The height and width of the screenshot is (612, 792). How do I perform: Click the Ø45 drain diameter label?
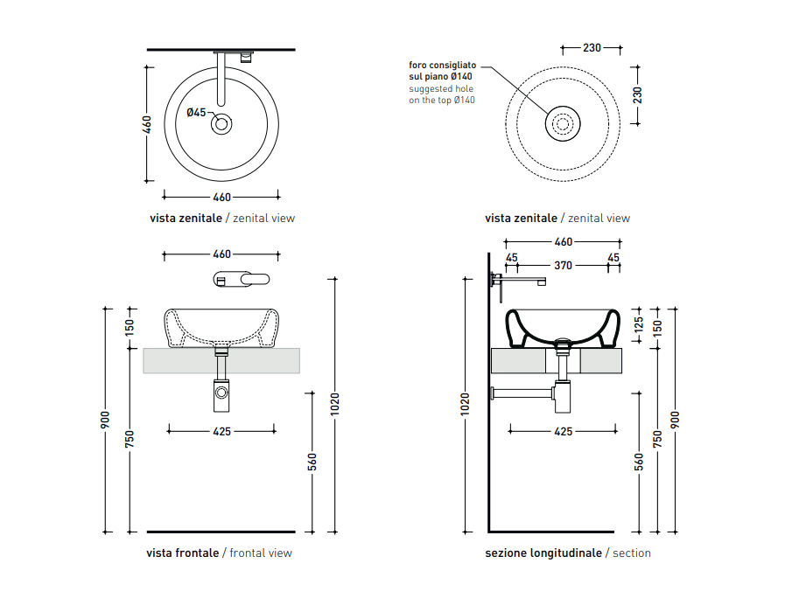point(196,113)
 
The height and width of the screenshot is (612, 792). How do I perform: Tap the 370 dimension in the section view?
point(563,266)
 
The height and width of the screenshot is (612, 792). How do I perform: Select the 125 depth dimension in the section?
point(639,324)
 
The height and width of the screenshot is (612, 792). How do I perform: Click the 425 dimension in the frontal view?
point(221,431)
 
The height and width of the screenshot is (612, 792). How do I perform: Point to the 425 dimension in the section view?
point(564,431)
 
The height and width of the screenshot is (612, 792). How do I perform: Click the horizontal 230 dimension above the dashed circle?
point(592,48)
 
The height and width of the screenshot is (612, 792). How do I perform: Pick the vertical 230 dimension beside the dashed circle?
point(637,95)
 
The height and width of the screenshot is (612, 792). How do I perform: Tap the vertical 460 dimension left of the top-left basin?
point(146,125)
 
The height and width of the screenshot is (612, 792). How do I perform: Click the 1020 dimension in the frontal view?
point(334,404)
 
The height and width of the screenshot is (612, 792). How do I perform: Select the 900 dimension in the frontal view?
point(105,420)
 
